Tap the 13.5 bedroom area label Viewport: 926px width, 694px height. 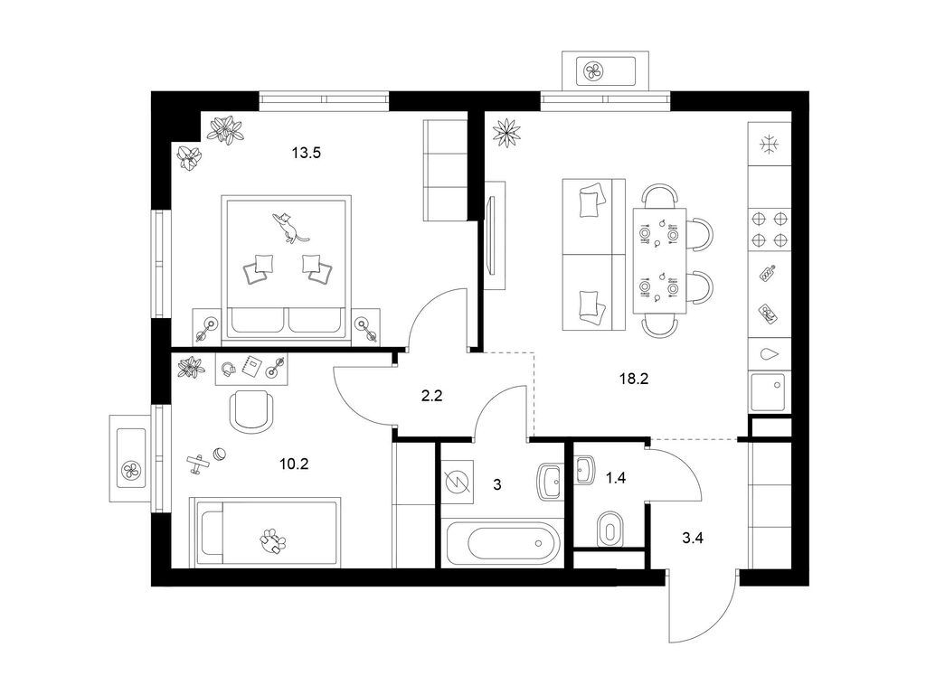click(x=306, y=154)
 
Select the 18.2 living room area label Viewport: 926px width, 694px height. click(x=634, y=379)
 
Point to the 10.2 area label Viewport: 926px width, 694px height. click(x=294, y=464)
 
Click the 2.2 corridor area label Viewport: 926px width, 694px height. click(x=431, y=396)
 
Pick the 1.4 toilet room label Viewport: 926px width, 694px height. click(x=615, y=478)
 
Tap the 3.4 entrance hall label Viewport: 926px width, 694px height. click(x=692, y=538)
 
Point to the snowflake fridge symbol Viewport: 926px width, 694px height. click(x=769, y=145)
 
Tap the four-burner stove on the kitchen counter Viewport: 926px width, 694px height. click(x=770, y=230)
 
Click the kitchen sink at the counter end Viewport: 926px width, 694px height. click(x=769, y=392)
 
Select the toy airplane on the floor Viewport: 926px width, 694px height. click(x=198, y=464)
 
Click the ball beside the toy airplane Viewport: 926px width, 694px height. click(x=220, y=454)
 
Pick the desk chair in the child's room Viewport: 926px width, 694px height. click(x=252, y=411)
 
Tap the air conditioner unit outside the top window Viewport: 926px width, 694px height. click(x=605, y=71)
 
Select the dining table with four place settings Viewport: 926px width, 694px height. click(x=659, y=261)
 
